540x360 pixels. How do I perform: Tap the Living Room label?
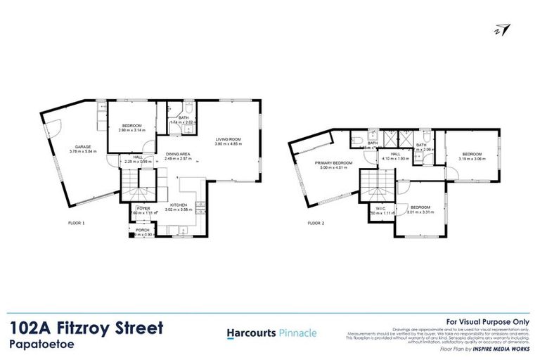pos(229,139)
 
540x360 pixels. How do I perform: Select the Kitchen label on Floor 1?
pos(176,205)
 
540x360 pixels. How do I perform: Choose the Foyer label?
pos(143,208)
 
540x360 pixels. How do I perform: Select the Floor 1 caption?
pos(75,223)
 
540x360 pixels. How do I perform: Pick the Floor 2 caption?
pos(316,223)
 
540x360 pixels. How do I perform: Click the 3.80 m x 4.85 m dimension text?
pos(229,144)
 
